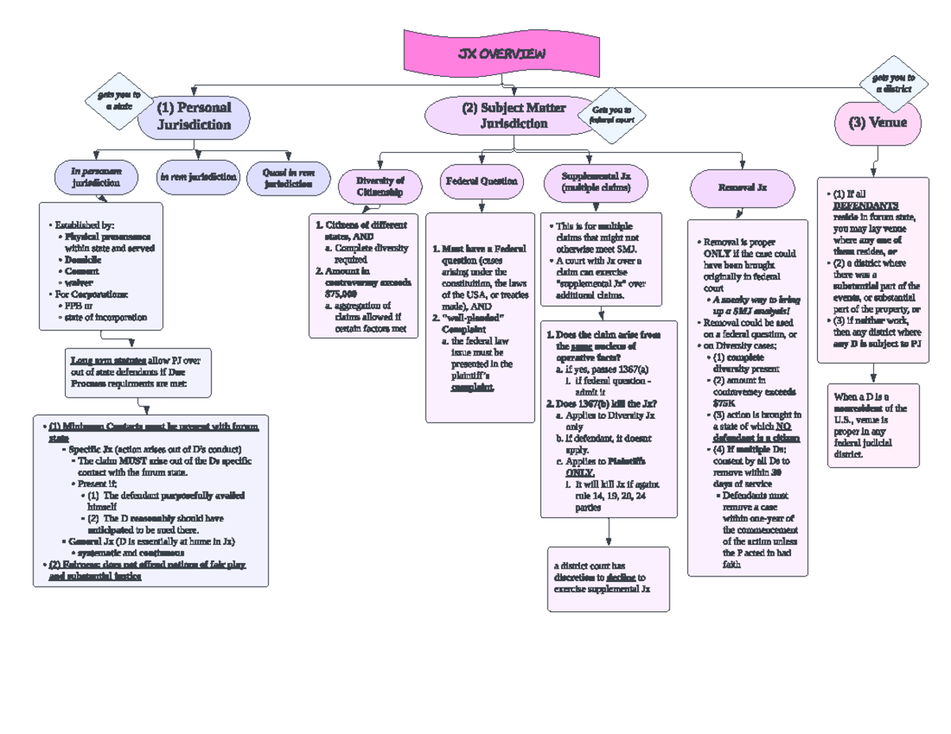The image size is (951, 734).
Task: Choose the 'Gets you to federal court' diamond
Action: pyautogui.click(x=612, y=116)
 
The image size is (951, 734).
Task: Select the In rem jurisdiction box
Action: pyautogui.click(x=198, y=177)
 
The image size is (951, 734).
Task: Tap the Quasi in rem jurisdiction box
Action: pyautogui.click(x=288, y=177)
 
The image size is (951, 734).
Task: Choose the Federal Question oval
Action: pyautogui.click(x=482, y=181)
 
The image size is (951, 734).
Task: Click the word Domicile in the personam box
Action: pyautogui.click(x=82, y=259)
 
